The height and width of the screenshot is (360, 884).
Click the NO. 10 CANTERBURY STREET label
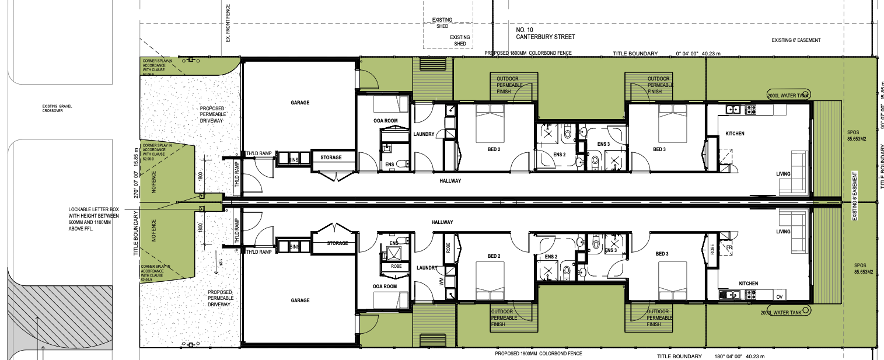coord(545,33)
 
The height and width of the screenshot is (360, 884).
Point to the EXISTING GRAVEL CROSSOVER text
coord(56,108)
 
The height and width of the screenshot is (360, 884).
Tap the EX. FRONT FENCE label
coord(228,23)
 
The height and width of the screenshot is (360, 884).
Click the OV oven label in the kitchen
coord(780,297)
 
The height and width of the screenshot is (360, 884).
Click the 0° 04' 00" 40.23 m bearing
coord(698,54)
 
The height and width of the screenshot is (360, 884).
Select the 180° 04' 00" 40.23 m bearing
coord(738,356)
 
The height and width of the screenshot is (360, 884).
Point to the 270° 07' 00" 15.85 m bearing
coord(137,173)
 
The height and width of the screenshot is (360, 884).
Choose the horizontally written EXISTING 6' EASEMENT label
coord(796,40)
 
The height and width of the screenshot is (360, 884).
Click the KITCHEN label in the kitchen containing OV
coord(748,284)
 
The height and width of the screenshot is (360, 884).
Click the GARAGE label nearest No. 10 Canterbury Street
coord(300,103)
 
